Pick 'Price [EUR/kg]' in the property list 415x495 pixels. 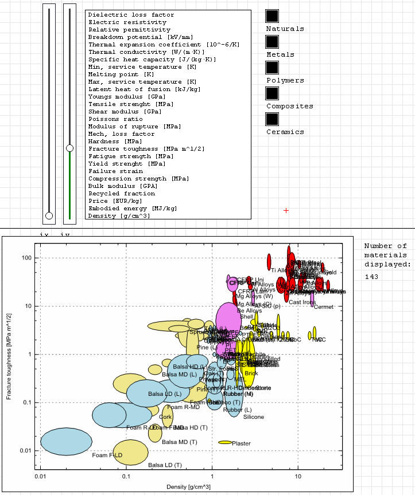[115, 201]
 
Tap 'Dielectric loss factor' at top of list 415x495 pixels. [131, 15]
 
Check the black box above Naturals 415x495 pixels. [272, 16]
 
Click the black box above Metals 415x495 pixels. [272, 42]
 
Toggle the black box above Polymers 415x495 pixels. [272, 68]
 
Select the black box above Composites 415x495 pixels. [272, 93]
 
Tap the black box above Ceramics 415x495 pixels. [272, 119]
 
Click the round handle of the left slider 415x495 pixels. [49, 215]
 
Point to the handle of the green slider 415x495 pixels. [69, 148]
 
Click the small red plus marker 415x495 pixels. [286, 211]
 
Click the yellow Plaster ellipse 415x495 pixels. [224, 442]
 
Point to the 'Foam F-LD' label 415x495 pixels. [107, 455]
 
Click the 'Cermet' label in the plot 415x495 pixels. [324, 307]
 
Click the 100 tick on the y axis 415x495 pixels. [26, 258]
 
